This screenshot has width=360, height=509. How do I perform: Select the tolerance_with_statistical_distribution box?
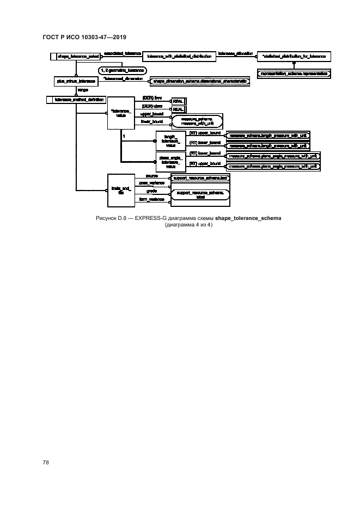click(179, 56)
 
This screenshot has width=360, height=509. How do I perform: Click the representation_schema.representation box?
click(295, 72)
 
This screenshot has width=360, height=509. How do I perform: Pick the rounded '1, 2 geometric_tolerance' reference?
click(122, 71)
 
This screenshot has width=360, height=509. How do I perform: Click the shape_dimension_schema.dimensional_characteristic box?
click(200, 81)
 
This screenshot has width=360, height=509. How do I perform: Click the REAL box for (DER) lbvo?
click(178, 101)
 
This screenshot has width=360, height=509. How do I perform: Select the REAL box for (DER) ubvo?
click(178, 109)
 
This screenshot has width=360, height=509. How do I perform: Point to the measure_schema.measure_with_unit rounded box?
click(197, 122)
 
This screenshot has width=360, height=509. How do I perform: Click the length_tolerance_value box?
click(170, 140)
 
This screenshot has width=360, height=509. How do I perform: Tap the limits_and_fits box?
click(119, 190)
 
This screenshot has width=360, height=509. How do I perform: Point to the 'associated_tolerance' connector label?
click(123, 53)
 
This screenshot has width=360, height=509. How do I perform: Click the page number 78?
click(46, 462)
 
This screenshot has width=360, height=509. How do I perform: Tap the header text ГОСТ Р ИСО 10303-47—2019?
click(84, 38)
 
